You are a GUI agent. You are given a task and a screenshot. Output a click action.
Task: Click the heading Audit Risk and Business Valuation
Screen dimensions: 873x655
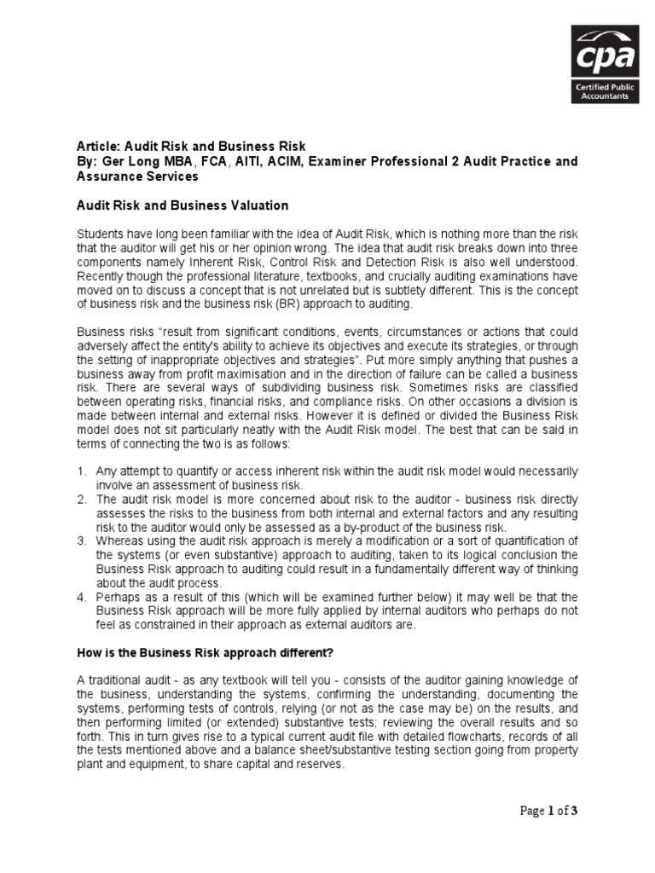(x=183, y=205)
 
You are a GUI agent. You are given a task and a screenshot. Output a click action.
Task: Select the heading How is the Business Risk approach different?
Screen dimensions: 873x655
(x=193, y=652)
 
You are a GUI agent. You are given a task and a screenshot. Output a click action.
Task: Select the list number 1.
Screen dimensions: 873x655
(x=82, y=471)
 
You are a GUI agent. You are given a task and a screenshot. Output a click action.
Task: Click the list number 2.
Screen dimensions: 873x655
(x=82, y=498)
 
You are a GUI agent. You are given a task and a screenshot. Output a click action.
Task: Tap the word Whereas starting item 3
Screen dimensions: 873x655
(x=122, y=541)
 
